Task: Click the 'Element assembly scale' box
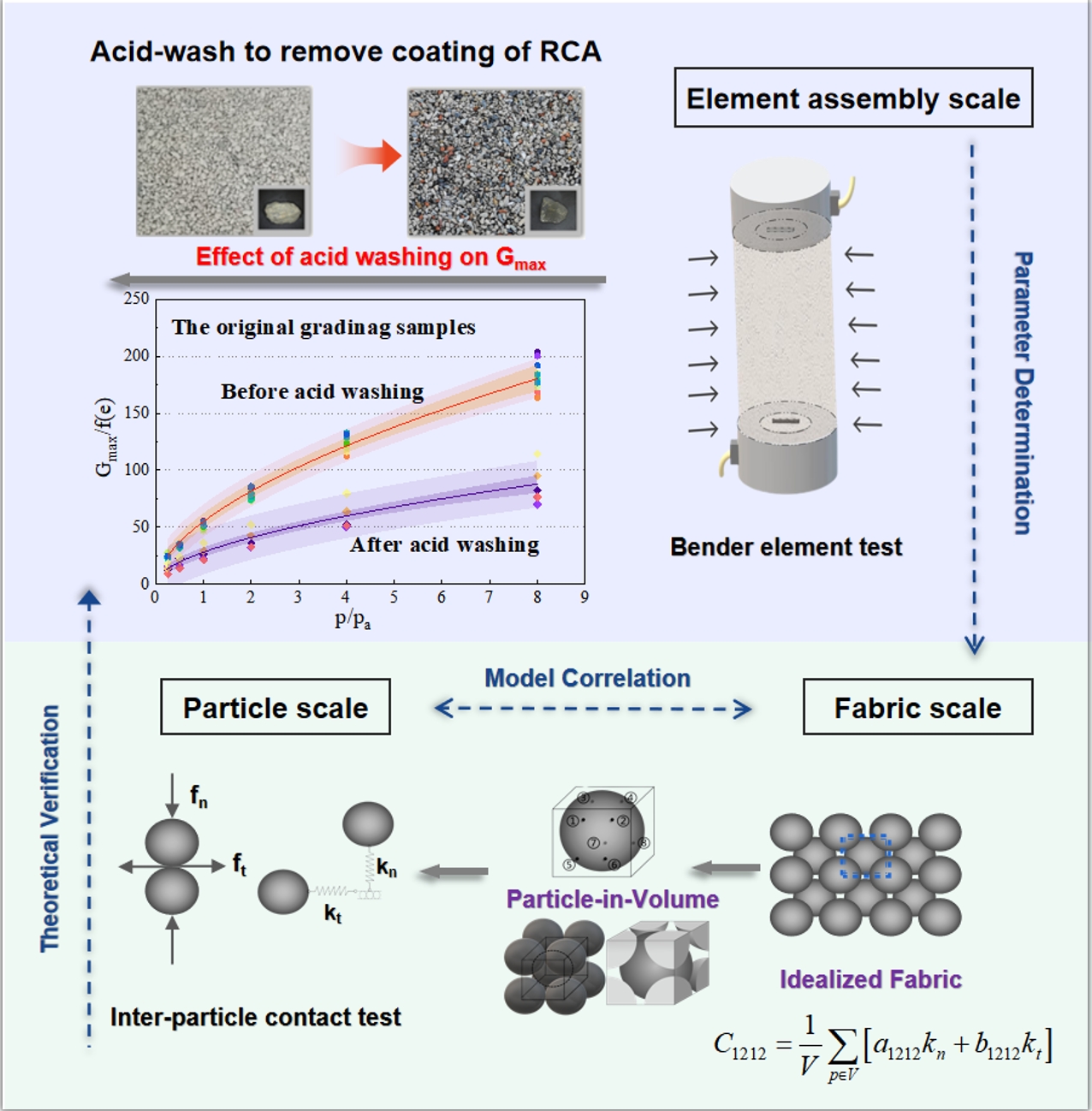coord(853,98)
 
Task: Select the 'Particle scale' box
coord(276,707)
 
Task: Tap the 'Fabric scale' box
coord(917,707)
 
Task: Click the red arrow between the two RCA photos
coord(370,157)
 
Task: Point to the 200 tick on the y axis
coord(136,355)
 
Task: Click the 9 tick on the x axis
coord(585,597)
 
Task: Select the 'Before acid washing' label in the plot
coord(323,391)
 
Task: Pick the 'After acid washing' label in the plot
coord(444,544)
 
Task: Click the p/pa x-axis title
coord(353,619)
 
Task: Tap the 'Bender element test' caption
coord(786,547)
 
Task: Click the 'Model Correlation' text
coord(587,678)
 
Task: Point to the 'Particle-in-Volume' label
coord(612,899)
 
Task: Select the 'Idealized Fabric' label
coord(870,979)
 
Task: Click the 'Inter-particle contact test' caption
coord(255,1017)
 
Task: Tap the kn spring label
coord(387,869)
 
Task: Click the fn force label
coord(199,798)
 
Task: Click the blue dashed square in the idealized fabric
coord(865,856)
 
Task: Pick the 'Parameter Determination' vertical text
coord(1023,393)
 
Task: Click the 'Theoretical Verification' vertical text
coord(50,828)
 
